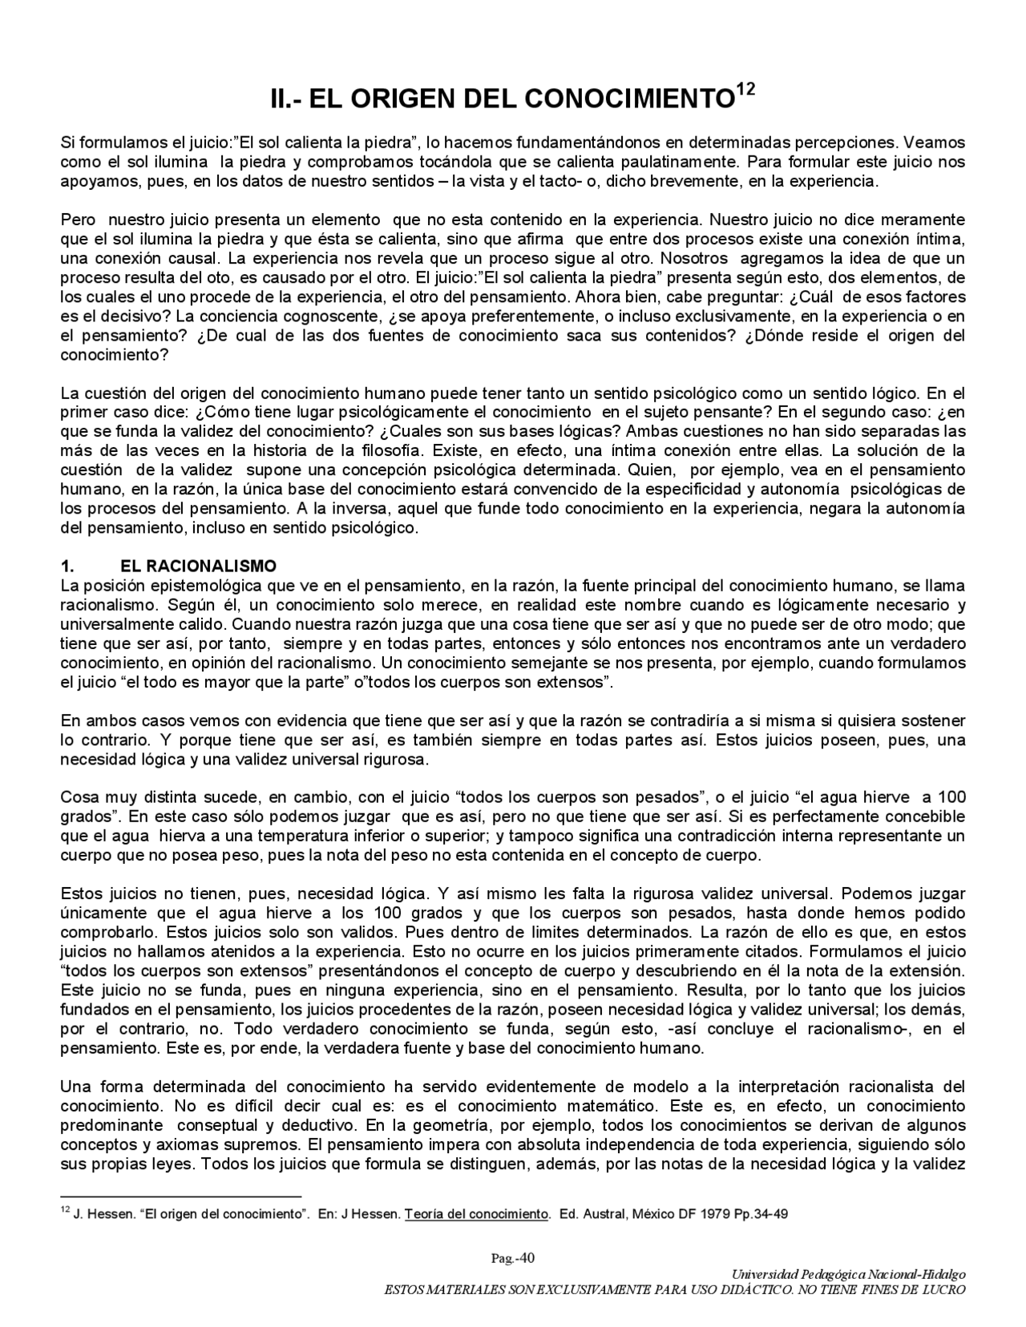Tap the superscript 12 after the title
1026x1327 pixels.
click(745, 90)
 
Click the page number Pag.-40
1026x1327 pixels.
click(513, 1257)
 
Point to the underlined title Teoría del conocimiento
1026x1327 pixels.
click(476, 1213)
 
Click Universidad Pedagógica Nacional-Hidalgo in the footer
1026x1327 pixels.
click(849, 1273)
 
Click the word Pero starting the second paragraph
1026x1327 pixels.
click(77, 220)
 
